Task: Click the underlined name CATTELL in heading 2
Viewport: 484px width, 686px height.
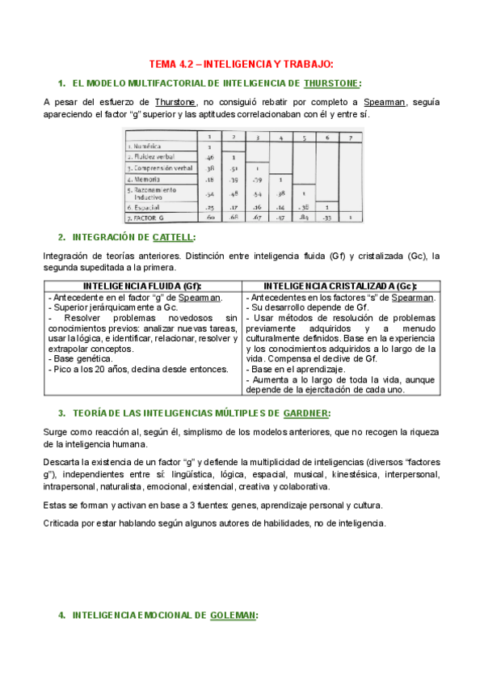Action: pyautogui.click(x=174, y=237)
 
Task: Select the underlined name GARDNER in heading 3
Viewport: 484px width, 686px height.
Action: pyautogui.click(x=303, y=413)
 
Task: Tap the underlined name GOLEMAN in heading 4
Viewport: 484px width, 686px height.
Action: pyautogui.click(x=234, y=616)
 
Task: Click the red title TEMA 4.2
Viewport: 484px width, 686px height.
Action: pyautogui.click(x=242, y=64)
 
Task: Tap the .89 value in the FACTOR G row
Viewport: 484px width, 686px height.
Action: pyautogui.click(x=304, y=218)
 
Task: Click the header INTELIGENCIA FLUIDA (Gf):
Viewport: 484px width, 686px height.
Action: pyautogui.click(x=141, y=286)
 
